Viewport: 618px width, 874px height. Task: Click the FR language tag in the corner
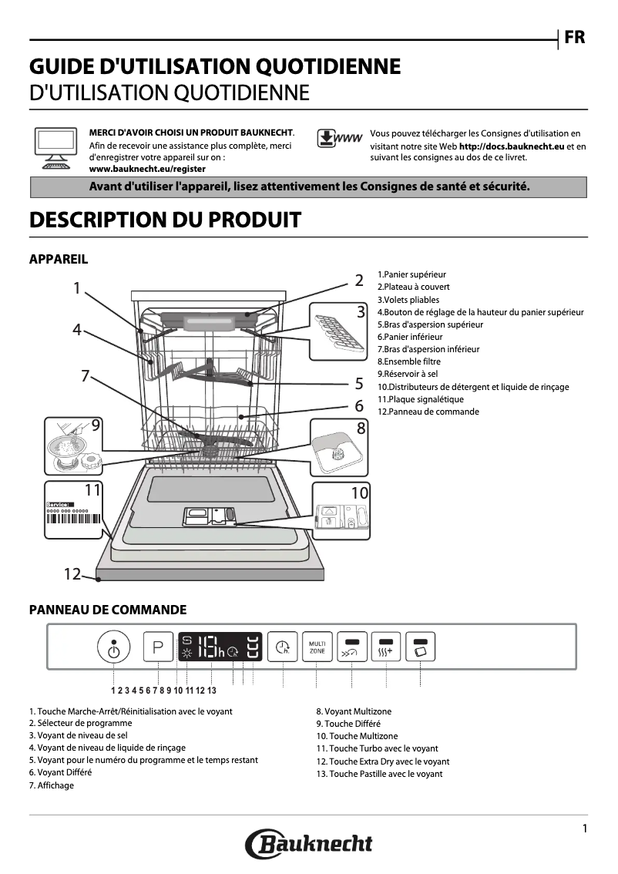tap(574, 38)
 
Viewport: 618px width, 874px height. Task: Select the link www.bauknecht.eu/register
tap(147, 168)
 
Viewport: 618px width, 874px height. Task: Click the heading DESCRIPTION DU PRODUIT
tap(164, 220)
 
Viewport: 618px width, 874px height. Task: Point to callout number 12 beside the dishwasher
tap(72, 574)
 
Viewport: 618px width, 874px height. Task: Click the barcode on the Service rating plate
tap(74, 519)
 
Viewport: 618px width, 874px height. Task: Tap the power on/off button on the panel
tap(114, 648)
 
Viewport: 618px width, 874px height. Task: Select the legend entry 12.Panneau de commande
tap(428, 412)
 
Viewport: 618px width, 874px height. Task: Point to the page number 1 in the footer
tap(585, 829)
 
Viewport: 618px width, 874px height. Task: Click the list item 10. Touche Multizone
tap(357, 736)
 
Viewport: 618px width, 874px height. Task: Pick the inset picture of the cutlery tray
tap(336, 331)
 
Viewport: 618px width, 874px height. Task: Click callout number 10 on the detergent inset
tap(359, 492)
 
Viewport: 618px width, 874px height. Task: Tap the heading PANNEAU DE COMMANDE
tap(107, 610)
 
